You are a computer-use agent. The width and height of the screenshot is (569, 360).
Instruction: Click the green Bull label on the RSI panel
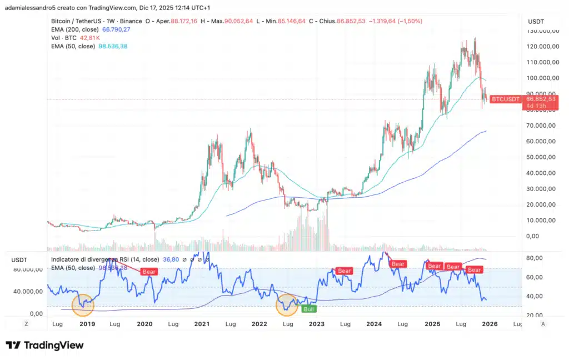pos(309,308)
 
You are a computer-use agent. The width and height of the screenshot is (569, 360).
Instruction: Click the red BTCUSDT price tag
pos(506,99)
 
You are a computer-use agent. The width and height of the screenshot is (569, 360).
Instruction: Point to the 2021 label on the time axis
pos(201,324)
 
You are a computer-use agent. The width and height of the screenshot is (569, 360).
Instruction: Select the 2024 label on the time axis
pos(374,324)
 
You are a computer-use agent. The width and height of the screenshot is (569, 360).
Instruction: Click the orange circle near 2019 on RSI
pos(83,305)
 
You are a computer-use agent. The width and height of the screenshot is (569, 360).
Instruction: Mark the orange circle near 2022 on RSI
pos(287,305)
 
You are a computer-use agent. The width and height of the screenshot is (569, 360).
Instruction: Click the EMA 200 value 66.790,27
pos(116,29)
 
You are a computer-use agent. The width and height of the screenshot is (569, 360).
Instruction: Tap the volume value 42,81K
pos(90,38)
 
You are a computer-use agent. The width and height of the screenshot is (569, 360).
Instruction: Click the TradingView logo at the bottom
pos(44,346)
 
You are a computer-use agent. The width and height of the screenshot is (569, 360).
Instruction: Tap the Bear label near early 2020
pos(149,272)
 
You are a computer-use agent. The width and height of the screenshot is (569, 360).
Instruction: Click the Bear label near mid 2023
pos(345,271)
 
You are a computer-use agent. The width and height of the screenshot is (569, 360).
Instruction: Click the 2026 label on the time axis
pos(489,324)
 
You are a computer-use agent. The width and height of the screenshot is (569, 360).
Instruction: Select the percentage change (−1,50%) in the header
pos(411,21)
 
